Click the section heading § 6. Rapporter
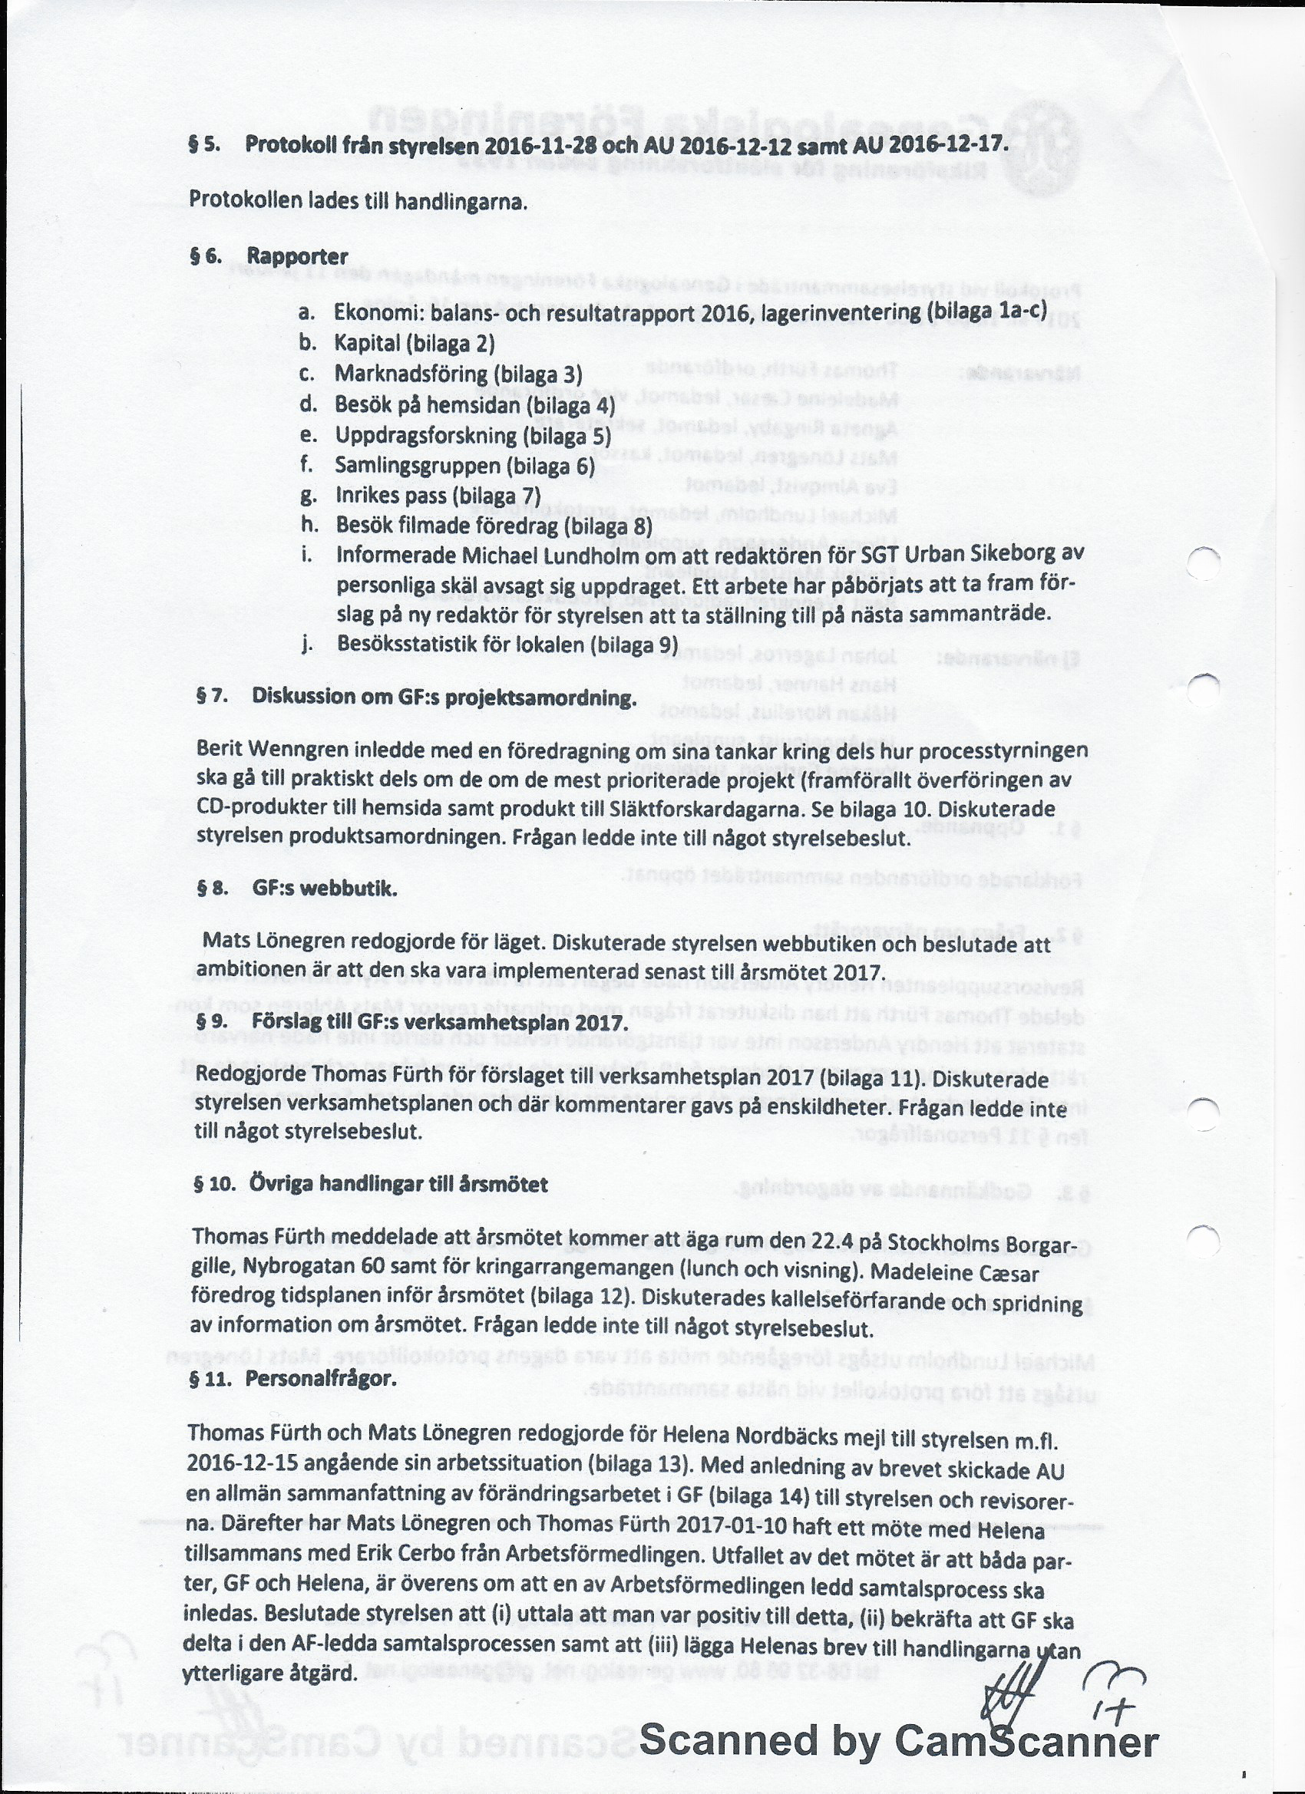pyautogui.click(x=269, y=257)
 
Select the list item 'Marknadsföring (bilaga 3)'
pyautogui.click(x=458, y=374)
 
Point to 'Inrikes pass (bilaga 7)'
pyautogui.click(x=438, y=496)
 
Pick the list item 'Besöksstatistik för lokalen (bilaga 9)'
pyautogui.click(x=507, y=644)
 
